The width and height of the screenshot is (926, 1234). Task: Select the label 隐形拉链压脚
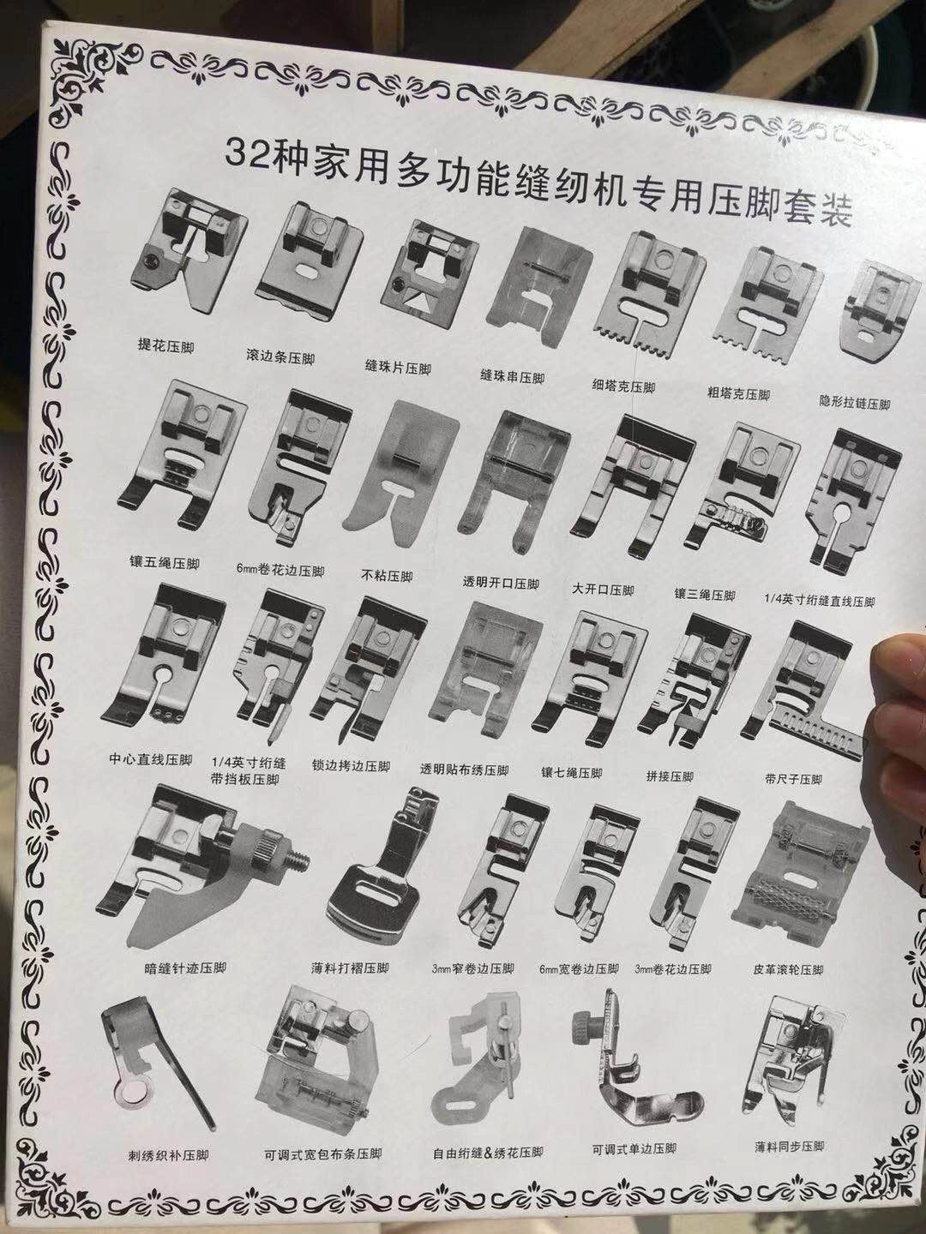[855, 404]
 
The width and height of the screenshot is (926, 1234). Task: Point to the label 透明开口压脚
[502, 584]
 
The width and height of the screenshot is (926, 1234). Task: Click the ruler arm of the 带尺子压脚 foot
[815, 735]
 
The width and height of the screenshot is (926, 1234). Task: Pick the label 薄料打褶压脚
[349, 968]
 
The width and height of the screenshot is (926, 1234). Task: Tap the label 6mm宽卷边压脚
[579, 969]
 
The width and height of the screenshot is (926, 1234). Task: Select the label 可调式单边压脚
[634, 1148]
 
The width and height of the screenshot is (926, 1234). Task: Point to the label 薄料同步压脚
[790, 1146]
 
